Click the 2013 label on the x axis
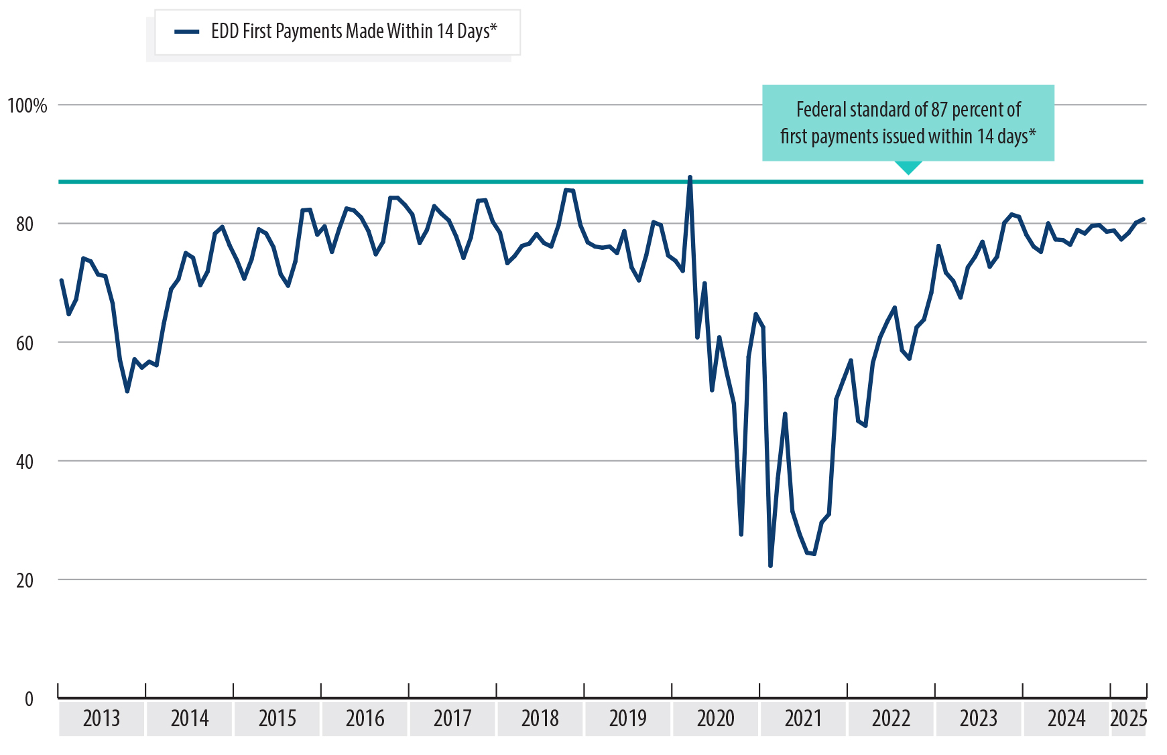pyautogui.click(x=101, y=718)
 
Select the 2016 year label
pyautogui.click(x=365, y=718)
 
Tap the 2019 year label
pyautogui.click(x=627, y=718)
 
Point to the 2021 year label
pyautogui.click(x=803, y=718)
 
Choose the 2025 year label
pyautogui.click(x=1129, y=718)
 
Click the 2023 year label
pyautogui.click(x=979, y=718)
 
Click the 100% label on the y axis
pyautogui.click(x=27, y=105)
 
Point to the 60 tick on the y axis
pyautogui.click(x=25, y=343)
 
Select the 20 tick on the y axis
pyautogui.click(x=25, y=580)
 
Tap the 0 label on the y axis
pyautogui.click(x=29, y=699)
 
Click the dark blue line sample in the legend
pyautogui.click(x=187, y=31)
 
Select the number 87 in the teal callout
pyautogui.click(x=939, y=109)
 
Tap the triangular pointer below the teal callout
pyautogui.click(x=908, y=167)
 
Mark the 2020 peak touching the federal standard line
pyautogui.click(x=690, y=178)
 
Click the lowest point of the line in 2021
pyautogui.click(x=770, y=566)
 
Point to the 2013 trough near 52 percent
pyautogui.click(x=127, y=391)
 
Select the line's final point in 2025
pyautogui.click(x=1143, y=219)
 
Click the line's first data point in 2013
pyautogui.click(x=61, y=281)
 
